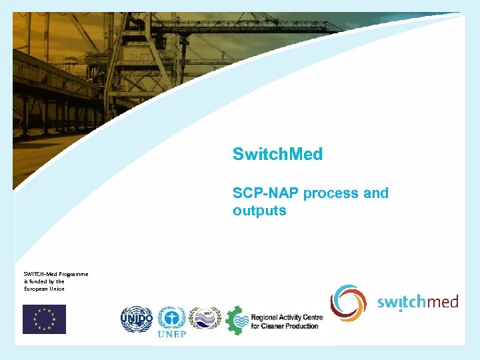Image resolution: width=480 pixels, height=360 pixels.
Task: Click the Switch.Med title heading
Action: click(277, 154)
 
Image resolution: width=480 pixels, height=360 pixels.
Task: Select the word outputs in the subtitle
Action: click(259, 211)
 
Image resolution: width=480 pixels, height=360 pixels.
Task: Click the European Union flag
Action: click(44, 319)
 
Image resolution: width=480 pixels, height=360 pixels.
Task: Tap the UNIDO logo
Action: click(137, 319)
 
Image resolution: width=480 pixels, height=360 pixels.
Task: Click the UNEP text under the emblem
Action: click(171, 334)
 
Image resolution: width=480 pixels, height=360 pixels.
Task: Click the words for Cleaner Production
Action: click(286, 326)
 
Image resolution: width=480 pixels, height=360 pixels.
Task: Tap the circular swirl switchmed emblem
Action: click(349, 303)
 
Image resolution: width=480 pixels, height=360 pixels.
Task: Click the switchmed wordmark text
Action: click(418, 303)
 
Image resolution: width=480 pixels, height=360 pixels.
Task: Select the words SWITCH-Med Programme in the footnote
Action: click(56, 274)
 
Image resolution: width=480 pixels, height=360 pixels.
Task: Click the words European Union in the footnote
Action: click(44, 289)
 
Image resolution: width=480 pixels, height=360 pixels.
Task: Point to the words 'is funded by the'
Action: click(44, 281)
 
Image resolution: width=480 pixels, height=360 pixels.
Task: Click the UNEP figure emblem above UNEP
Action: click(171, 317)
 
